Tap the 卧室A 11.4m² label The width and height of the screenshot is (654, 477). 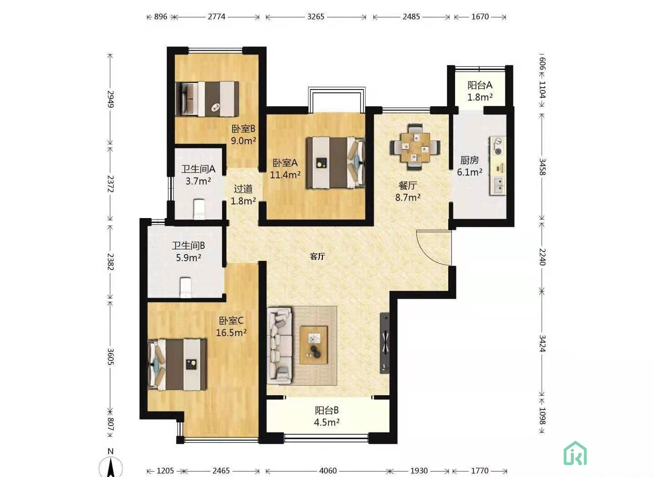point(285,169)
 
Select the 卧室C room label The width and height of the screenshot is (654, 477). point(231,327)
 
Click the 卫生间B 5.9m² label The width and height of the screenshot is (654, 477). point(188,251)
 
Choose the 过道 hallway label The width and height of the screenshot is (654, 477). point(243,194)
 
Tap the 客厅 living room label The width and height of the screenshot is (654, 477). point(317,257)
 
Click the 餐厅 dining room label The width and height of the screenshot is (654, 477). point(408,191)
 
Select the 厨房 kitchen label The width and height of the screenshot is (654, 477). point(470,166)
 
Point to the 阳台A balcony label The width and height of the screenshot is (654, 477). point(480,91)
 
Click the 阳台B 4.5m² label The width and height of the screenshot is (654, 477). point(327,416)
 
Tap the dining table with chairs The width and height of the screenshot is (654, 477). point(415,148)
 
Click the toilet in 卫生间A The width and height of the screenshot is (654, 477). point(199,209)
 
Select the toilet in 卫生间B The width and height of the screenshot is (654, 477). point(186,287)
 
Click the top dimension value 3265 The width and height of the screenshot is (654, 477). point(316,17)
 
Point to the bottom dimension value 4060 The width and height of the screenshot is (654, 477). point(328,471)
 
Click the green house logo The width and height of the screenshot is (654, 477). point(575,454)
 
